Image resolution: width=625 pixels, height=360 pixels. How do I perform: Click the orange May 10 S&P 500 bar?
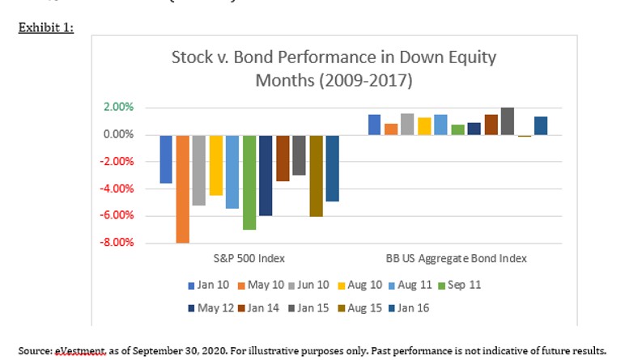(183, 188)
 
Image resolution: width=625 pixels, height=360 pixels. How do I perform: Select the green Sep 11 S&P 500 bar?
(249, 182)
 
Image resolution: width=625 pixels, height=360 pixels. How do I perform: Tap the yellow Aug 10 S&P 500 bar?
(216, 165)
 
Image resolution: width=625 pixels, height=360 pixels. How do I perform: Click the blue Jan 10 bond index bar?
(374, 125)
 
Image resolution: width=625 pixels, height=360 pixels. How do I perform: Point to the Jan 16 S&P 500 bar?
(332, 167)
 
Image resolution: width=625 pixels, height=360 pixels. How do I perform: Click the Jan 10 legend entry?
(209, 286)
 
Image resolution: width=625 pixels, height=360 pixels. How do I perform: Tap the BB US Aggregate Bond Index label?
(456, 258)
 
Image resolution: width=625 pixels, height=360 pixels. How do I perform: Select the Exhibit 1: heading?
(45, 28)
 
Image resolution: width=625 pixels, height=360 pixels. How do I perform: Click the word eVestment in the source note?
(78, 351)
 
